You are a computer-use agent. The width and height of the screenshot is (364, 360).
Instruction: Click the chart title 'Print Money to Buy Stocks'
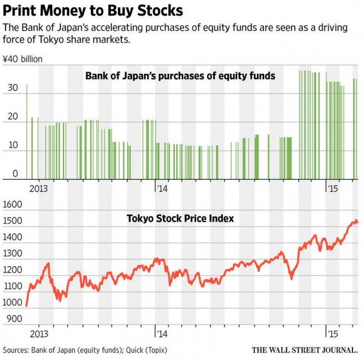93,11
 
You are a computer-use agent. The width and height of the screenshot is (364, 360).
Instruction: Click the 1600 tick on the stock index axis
13,205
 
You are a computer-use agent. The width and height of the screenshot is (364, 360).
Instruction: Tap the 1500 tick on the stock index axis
13,222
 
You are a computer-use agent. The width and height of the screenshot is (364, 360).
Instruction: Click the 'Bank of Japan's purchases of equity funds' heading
180,76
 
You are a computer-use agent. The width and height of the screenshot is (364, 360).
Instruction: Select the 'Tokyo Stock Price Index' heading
180,218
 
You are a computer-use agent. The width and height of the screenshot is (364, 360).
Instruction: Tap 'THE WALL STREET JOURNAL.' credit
305,350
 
